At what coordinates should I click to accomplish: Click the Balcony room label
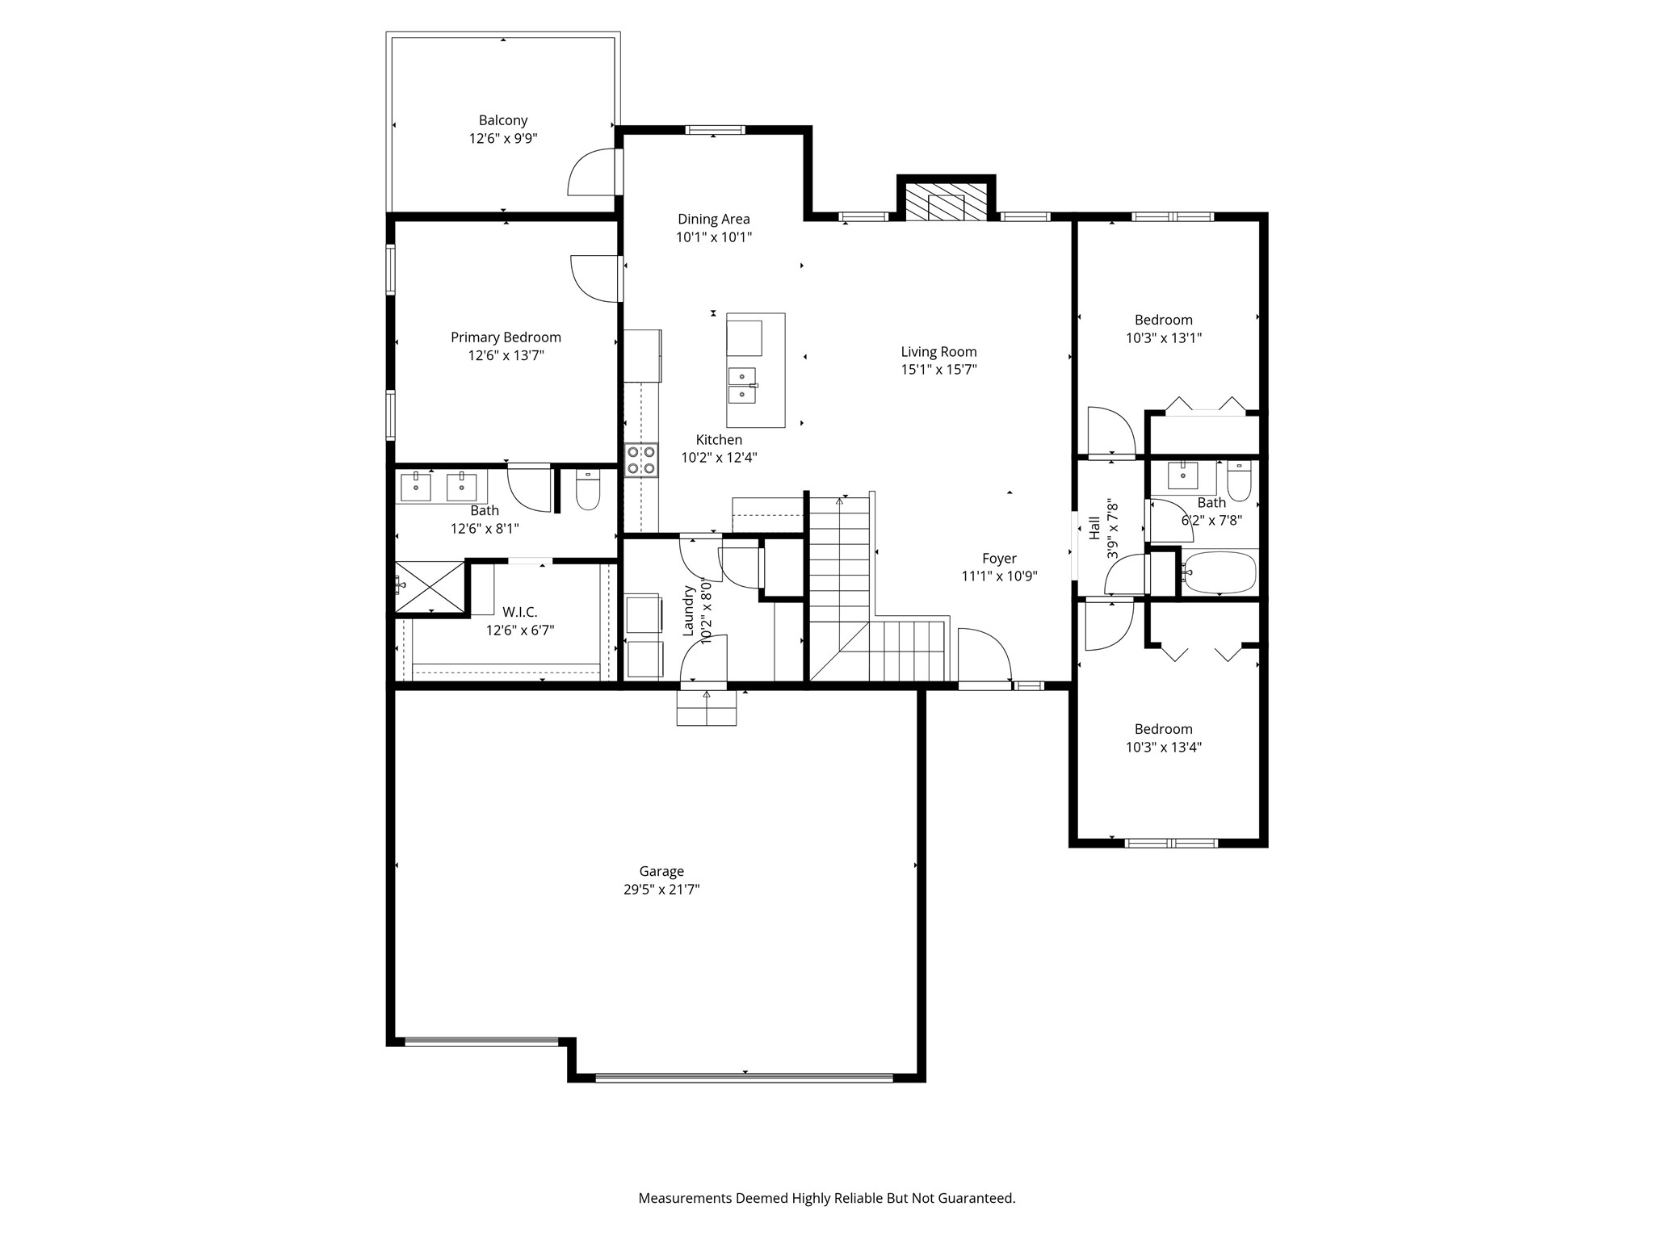503,120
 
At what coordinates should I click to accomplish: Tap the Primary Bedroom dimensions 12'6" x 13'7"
506,355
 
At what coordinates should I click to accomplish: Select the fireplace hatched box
946,202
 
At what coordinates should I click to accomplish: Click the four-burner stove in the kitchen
642,460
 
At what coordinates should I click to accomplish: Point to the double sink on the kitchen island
742,385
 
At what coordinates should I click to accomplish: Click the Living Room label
938,352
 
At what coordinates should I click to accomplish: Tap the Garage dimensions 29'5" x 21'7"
661,890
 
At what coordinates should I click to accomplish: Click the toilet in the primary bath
588,489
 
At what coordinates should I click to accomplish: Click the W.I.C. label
520,613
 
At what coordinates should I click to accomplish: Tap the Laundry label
689,611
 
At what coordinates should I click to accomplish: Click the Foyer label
999,559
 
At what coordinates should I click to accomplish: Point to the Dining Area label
714,219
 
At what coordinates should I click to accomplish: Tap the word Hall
1094,529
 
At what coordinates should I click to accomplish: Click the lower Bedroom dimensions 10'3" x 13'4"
1164,748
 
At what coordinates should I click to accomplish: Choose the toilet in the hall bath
1239,481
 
